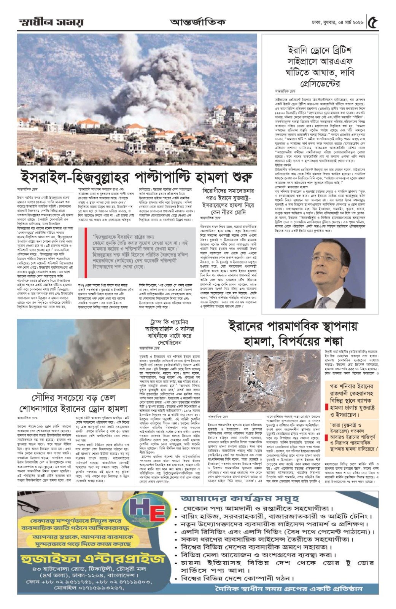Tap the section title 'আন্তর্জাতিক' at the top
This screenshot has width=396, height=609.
(x=197, y=22)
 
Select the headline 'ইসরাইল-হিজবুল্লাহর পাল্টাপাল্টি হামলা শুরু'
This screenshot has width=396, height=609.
(x=137, y=177)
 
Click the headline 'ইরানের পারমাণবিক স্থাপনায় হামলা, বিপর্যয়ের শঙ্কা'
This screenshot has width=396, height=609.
(x=293, y=333)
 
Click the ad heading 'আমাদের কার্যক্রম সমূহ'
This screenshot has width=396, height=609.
(x=236, y=499)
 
